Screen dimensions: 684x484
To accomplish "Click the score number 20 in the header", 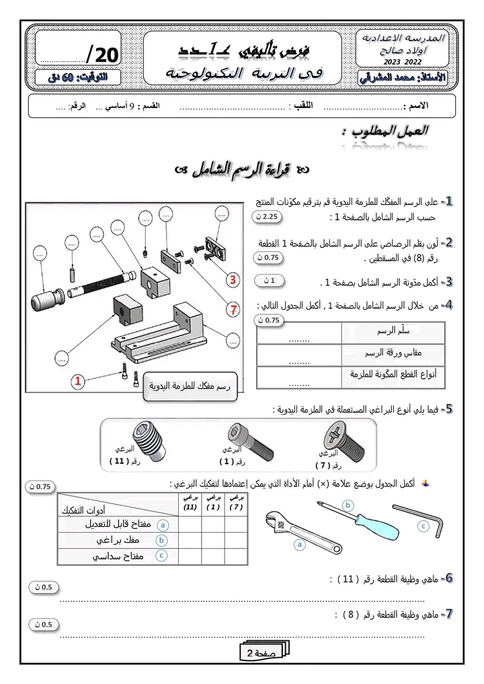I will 104,54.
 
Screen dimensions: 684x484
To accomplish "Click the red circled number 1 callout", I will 79,382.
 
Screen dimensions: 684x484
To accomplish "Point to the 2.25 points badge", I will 269,217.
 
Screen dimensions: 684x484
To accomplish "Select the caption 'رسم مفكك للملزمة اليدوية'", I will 190,387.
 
